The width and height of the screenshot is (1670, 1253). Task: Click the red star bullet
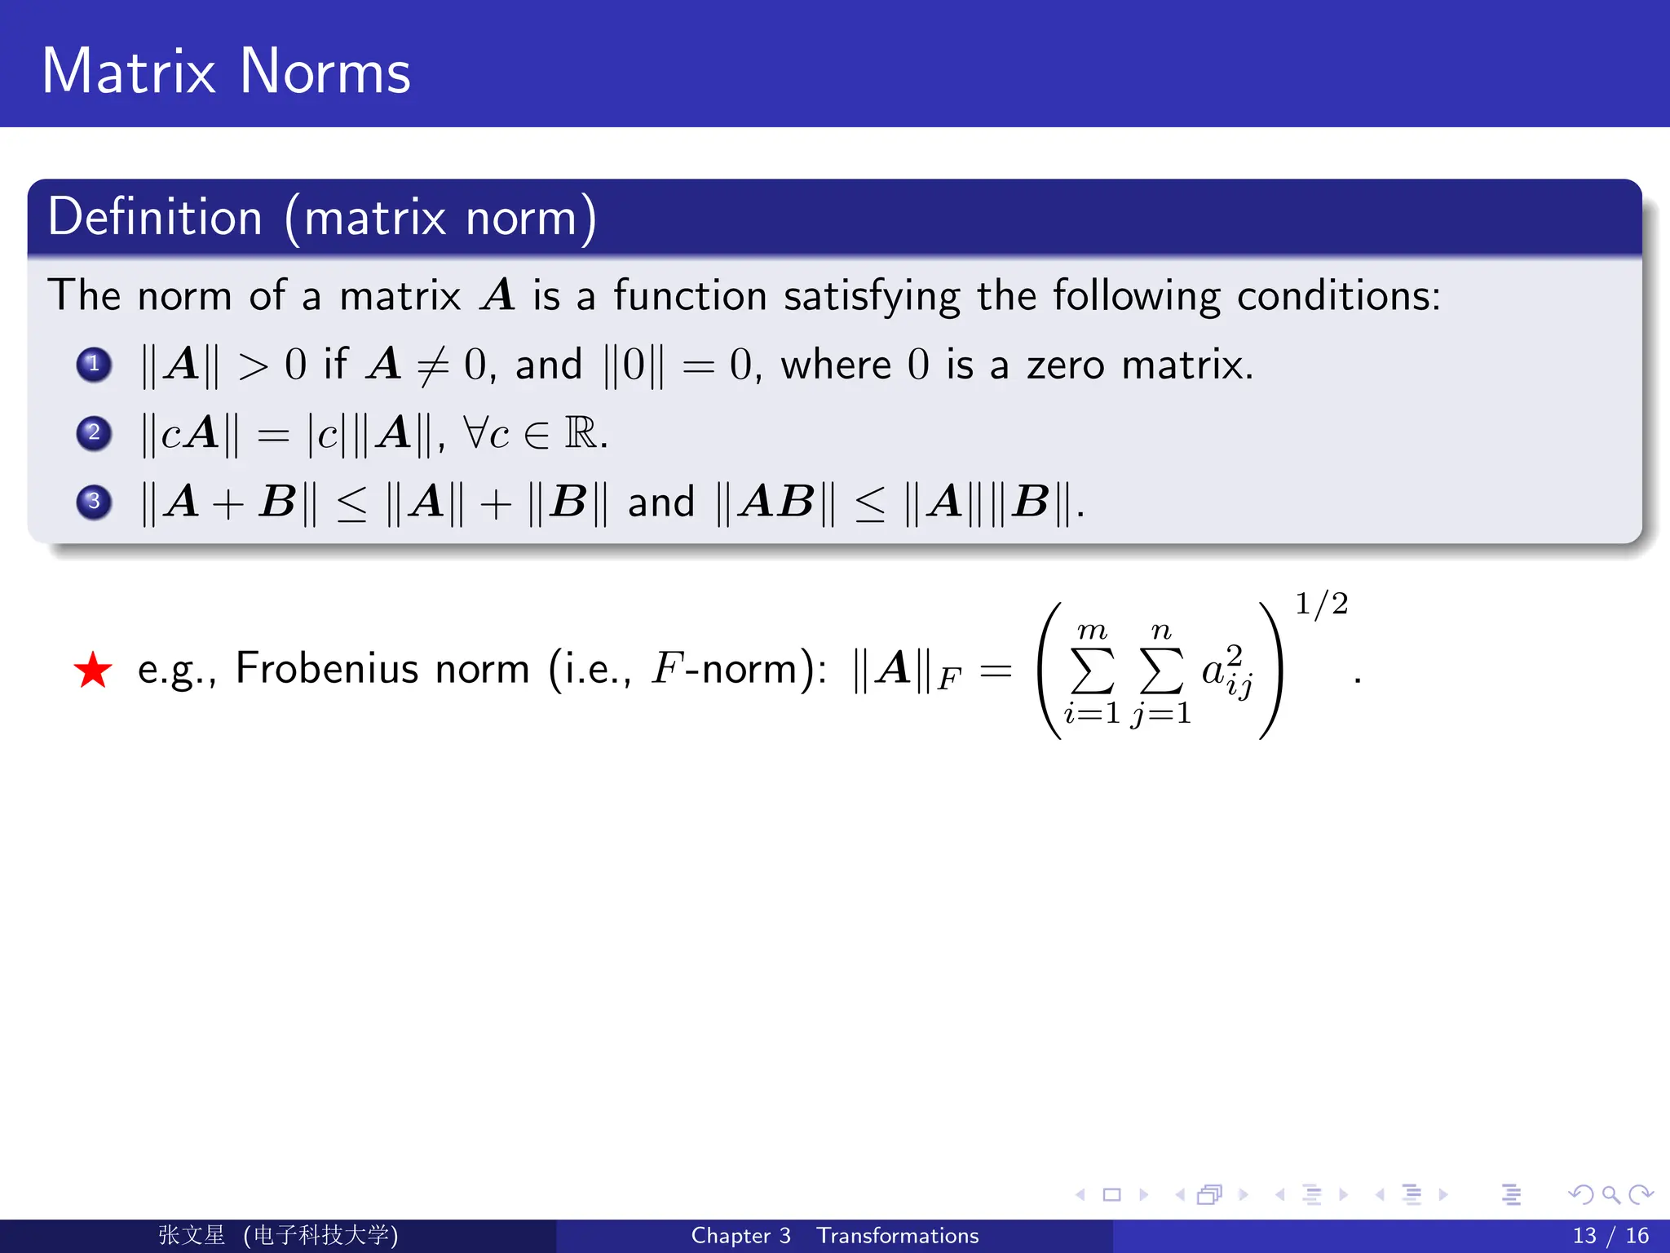[93, 671]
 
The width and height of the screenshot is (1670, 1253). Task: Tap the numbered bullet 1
[94, 364]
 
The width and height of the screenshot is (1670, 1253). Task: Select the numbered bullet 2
[94, 432]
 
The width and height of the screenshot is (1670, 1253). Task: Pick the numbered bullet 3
[94, 501]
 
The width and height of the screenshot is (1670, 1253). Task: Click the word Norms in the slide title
[325, 72]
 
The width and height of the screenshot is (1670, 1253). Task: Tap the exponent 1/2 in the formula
[1321, 604]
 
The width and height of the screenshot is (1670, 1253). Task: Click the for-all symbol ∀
[475, 432]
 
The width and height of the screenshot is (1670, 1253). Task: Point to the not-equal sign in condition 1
[432, 365]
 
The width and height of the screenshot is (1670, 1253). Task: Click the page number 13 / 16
[1610, 1236]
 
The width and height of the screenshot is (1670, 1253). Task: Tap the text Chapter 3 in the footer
[740, 1236]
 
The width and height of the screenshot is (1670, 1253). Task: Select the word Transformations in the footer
[898, 1236]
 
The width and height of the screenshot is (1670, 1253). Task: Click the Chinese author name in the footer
[192, 1235]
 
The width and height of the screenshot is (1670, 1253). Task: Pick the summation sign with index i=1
[1093, 671]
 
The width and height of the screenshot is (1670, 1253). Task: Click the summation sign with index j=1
[1161, 671]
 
